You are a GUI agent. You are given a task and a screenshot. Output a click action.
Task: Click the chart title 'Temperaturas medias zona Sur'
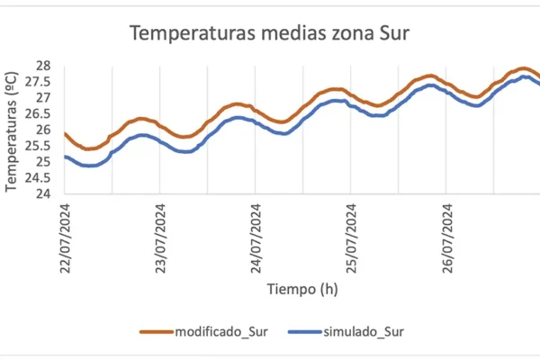click(x=269, y=34)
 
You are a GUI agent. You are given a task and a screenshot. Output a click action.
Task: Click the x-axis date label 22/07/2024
click(x=66, y=237)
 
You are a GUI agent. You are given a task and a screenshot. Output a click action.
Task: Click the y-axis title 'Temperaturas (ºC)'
click(x=12, y=132)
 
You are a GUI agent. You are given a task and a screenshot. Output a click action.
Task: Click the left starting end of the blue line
click(x=66, y=157)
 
